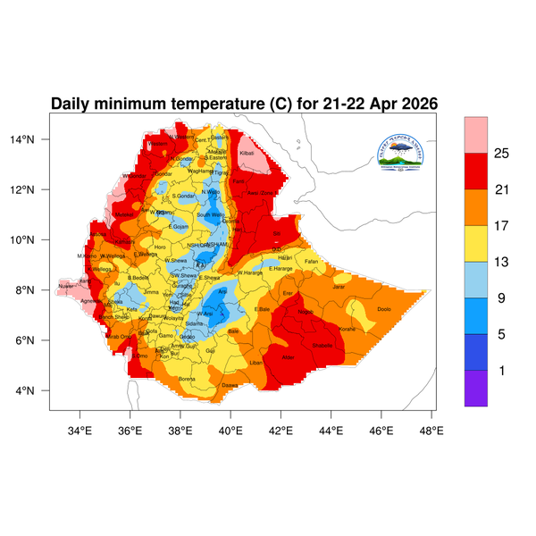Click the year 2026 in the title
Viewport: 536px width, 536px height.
point(415,104)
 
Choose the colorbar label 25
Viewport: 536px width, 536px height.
point(501,155)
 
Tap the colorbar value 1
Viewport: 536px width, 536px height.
point(501,370)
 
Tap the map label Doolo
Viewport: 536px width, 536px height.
point(384,309)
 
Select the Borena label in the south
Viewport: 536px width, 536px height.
point(188,379)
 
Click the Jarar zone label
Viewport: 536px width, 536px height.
point(339,287)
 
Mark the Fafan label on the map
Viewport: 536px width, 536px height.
point(311,261)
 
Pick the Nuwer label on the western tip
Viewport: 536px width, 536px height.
point(66,287)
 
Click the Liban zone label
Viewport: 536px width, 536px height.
point(255,363)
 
